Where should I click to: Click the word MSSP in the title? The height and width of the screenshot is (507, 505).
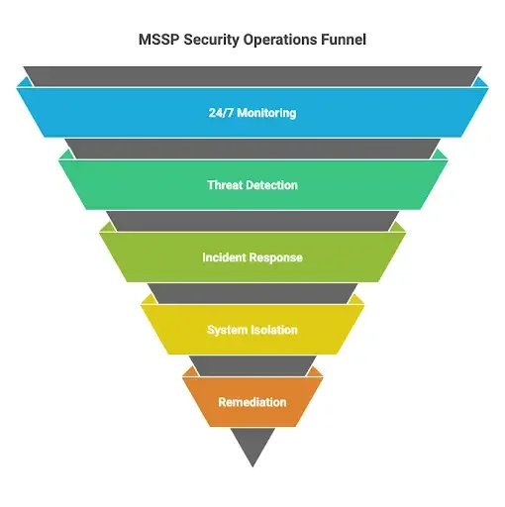(x=158, y=40)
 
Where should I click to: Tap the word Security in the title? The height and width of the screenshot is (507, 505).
(x=211, y=41)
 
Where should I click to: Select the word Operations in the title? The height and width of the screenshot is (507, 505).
(x=280, y=41)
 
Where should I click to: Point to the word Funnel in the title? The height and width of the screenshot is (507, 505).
(x=344, y=40)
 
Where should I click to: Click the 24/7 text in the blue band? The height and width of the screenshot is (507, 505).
(x=221, y=113)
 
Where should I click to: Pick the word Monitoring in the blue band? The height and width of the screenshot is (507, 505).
(x=266, y=113)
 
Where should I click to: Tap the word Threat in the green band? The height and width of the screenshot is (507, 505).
(x=225, y=185)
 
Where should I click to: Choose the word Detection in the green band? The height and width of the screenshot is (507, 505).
(x=271, y=185)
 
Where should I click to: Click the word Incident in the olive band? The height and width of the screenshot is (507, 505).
(x=224, y=257)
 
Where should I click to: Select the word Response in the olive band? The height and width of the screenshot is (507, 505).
(x=275, y=258)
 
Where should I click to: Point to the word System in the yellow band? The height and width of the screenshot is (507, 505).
(x=228, y=330)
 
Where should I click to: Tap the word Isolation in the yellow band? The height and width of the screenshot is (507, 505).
(x=274, y=330)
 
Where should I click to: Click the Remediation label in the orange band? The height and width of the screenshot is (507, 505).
(x=252, y=402)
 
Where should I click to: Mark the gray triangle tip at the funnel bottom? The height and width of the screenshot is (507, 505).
(x=252, y=466)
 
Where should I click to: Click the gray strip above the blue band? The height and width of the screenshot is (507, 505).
(x=252, y=76)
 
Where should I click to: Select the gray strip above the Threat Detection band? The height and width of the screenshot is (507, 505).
(x=252, y=149)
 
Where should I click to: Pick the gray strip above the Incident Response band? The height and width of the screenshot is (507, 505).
(x=252, y=221)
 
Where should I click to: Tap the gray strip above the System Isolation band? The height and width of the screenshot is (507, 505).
(x=252, y=293)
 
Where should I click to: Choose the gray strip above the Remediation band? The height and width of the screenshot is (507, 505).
(x=252, y=365)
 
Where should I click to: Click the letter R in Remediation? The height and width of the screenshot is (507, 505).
(x=222, y=402)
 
